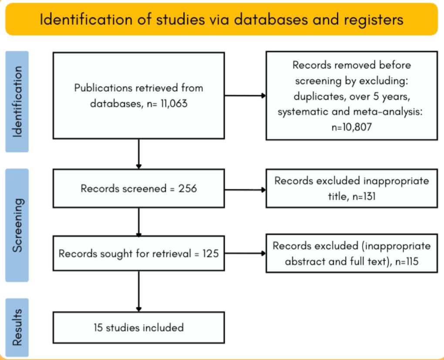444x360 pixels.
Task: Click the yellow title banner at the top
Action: pyautogui.click(x=222, y=19)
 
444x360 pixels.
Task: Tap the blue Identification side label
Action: pyautogui.click(x=17, y=102)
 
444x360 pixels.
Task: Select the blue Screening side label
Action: pyautogui.click(x=17, y=225)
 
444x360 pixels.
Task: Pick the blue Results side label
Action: pyautogui.click(x=17, y=327)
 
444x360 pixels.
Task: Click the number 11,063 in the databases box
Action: pyautogui.click(x=174, y=104)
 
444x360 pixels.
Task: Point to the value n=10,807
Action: pyautogui.click(x=351, y=127)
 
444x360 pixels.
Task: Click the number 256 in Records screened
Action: pyautogui.click(x=188, y=188)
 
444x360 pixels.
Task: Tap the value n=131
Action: pyautogui.click(x=364, y=196)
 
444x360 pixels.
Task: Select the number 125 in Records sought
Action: pyautogui.click(x=210, y=253)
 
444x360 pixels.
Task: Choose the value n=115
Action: pyautogui.click(x=407, y=261)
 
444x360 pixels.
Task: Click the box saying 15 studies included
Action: pyautogui.click(x=139, y=328)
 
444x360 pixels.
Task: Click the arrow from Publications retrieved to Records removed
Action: pyautogui.click(x=245, y=96)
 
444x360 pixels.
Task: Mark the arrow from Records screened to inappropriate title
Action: pyautogui.click(x=245, y=190)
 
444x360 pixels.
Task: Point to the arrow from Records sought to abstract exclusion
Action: pyautogui.click(x=245, y=253)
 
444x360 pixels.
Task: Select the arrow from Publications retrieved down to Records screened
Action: pyautogui.click(x=139, y=154)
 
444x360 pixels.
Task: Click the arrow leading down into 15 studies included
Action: pyautogui.click(x=139, y=292)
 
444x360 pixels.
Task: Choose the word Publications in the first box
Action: pyautogui.click(x=103, y=88)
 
